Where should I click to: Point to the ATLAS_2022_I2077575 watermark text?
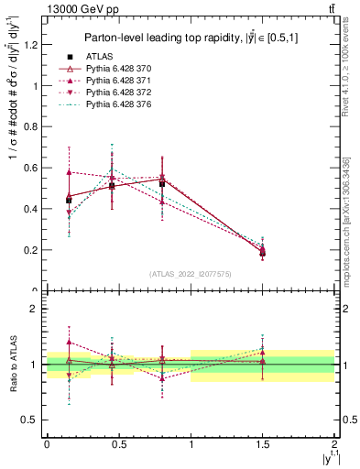point(191,274)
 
